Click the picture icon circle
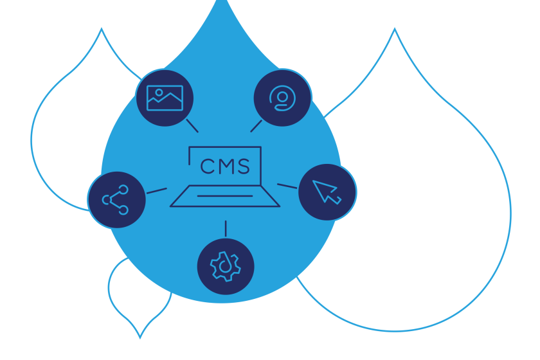(165, 98)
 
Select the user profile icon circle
(282, 98)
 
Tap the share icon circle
(116, 200)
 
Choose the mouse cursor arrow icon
(327, 192)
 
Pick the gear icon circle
(225, 266)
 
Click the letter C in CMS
(207, 167)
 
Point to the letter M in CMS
(224, 167)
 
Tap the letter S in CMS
(242, 167)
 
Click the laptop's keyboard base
(225, 197)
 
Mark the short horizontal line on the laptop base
(225, 195)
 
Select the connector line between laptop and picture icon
(192, 125)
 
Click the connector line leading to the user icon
(256, 125)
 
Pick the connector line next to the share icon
(156, 190)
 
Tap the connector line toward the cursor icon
(287, 186)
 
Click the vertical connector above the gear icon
(225, 228)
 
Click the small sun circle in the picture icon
(159, 93)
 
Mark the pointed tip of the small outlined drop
(140, 337)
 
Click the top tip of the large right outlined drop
(394, 30)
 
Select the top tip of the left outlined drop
(101, 29)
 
